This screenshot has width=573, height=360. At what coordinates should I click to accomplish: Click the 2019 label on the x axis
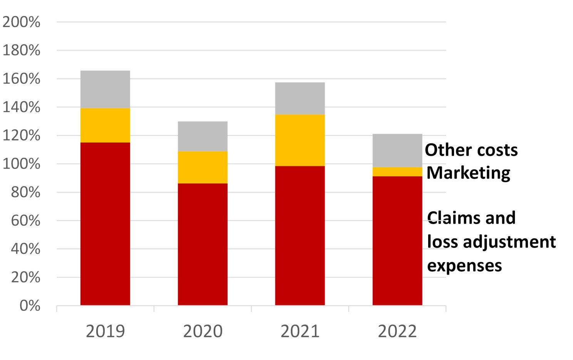point(105,332)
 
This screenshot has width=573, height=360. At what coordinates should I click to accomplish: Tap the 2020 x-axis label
point(203,332)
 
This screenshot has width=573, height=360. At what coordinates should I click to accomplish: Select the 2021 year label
point(300,332)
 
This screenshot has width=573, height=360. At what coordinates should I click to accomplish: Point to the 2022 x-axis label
point(397,332)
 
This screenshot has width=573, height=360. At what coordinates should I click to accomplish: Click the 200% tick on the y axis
point(22,22)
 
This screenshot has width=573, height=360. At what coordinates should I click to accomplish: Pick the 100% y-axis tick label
point(22,164)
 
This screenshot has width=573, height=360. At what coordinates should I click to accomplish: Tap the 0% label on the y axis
point(30,306)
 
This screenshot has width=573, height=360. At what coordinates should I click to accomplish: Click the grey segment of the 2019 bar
point(105,89)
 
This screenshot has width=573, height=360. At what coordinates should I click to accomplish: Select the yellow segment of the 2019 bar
point(105,125)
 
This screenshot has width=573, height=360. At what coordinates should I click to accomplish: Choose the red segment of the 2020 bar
point(203,244)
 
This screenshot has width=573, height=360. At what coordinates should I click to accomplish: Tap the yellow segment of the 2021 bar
point(300,140)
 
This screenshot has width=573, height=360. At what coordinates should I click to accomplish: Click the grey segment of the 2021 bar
point(300,98)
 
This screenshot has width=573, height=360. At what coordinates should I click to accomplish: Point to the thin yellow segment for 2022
point(397,172)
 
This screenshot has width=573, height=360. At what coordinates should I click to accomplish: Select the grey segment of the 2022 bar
point(397,151)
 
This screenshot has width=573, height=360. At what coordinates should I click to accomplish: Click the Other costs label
point(471,150)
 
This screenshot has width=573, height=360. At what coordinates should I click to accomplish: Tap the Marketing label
point(469,173)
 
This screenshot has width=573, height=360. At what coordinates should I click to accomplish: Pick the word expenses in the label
point(465,266)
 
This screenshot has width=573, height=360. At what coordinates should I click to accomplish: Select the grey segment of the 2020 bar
point(203,136)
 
